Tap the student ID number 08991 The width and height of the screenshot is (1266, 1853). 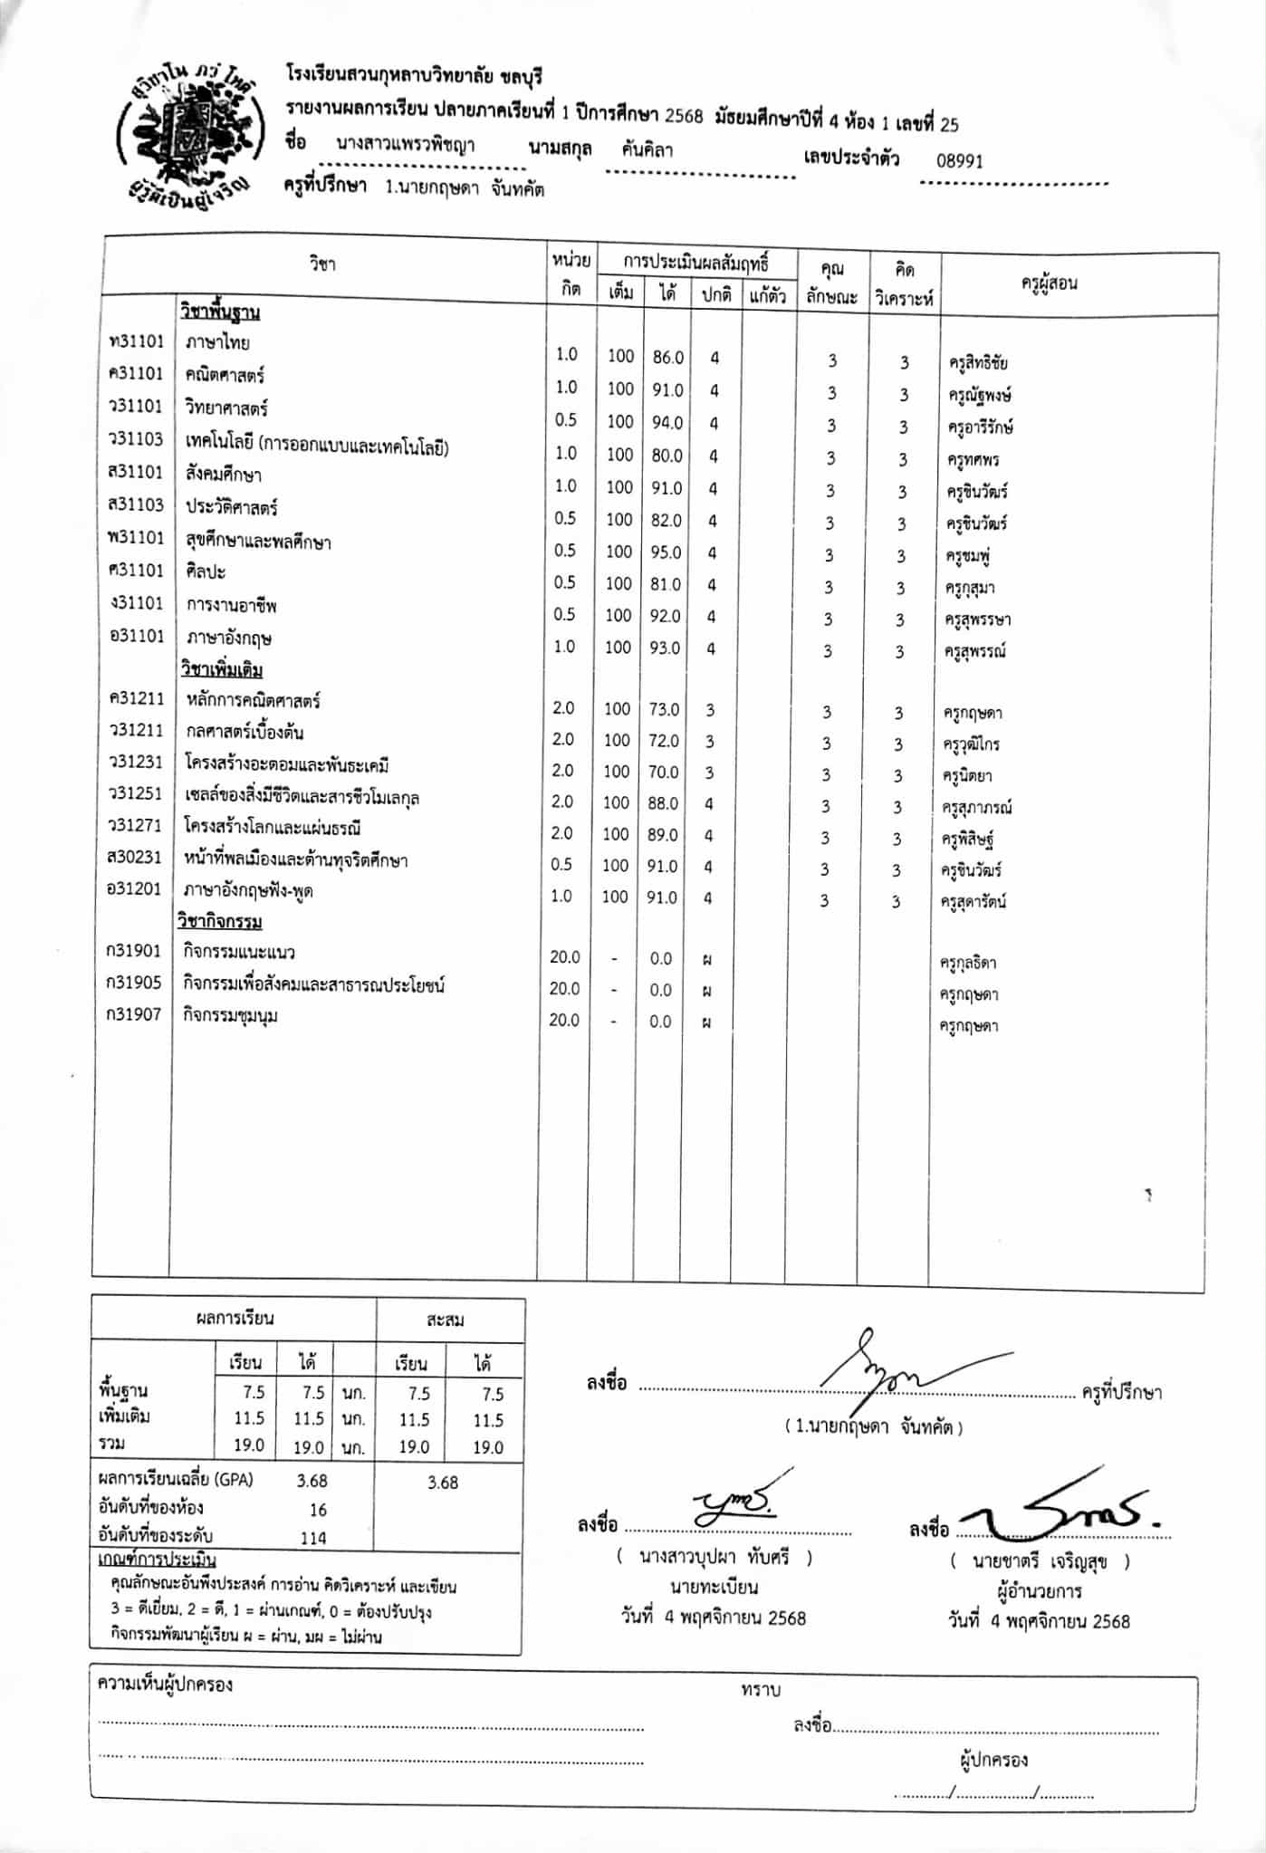[959, 161]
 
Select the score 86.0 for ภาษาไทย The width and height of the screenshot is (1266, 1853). [668, 358]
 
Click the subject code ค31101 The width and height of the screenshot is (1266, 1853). [136, 373]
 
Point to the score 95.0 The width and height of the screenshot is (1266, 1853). [667, 552]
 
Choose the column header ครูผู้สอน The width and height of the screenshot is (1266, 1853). [1049, 283]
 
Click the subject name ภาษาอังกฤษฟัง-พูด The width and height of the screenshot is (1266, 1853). [248, 890]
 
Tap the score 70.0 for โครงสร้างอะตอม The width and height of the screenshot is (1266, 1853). [663, 772]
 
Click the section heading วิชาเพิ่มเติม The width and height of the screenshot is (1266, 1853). [221, 670]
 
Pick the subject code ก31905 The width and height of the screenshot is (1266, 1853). [134, 983]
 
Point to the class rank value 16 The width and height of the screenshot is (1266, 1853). [317, 1510]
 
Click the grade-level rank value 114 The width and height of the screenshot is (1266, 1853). [313, 1538]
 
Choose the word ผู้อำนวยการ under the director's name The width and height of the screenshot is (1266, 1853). [1039, 1591]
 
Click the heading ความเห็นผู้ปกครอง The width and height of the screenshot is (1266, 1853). [165, 1685]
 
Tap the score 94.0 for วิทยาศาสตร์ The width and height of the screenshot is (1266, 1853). [667, 423]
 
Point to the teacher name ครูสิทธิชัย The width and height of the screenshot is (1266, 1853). [978, 363]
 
